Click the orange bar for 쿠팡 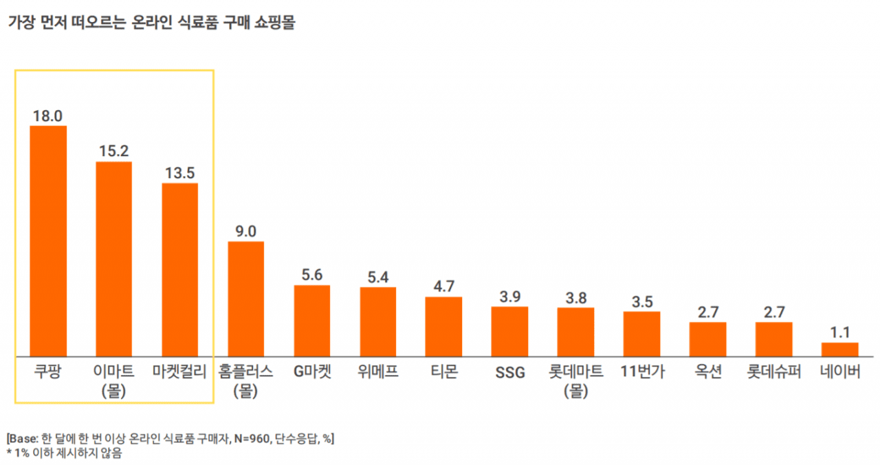click(48, 241)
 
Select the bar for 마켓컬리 click(179, 270)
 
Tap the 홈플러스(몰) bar click(245, 299)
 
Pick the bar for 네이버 click(839, 350)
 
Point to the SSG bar click(509, 332)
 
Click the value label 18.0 click(48, 116)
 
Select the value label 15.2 click(113, 151)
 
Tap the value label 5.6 click(311, 274)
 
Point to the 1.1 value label click(839, 332)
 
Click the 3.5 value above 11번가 click(641, 301)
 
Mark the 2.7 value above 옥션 click(707, 312)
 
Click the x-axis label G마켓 click(312, 373)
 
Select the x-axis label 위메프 click(377, 373)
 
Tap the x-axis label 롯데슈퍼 click(774, 373)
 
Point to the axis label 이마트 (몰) click(113, 381)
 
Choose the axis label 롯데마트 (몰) click(575, 381)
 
